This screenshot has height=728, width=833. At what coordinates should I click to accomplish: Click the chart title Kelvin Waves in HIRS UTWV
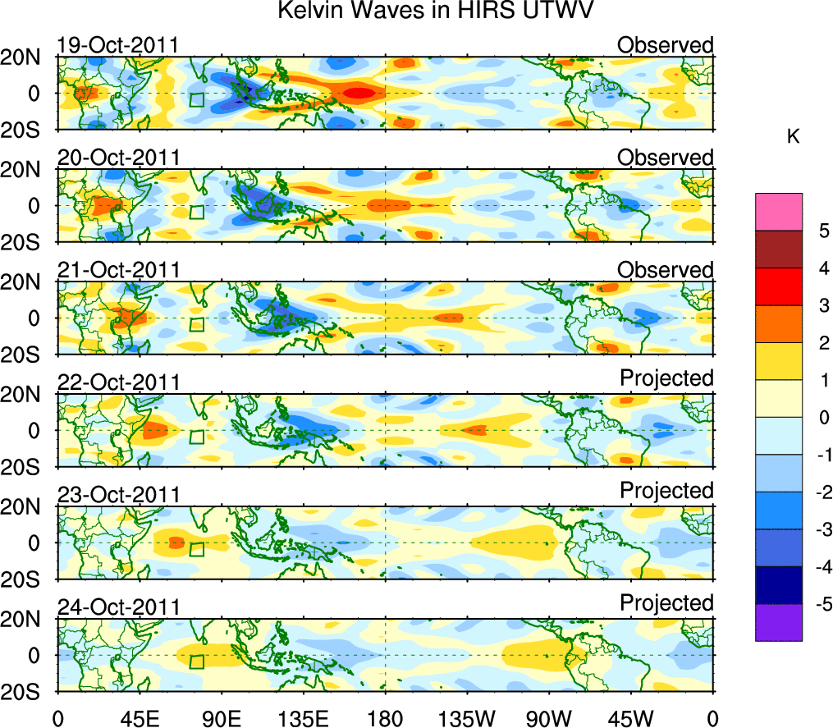[x=435, y=11]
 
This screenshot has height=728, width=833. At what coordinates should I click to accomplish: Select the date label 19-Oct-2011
[x=119, y=45]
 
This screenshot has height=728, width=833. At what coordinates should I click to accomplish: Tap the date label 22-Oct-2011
[x=119, y=382]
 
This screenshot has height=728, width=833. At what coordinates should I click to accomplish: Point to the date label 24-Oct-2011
[x=119, y=607]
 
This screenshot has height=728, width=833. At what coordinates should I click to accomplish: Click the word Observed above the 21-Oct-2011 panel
[x=666, y=270]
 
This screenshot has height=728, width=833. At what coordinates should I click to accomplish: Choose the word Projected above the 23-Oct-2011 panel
[x=666, y=490]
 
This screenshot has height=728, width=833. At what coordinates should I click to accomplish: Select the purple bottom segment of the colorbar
[x=778, y=622]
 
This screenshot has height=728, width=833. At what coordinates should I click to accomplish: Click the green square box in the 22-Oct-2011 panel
[x=196, y=437]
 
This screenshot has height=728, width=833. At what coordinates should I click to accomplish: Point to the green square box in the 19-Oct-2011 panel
[x=196, y=99]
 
